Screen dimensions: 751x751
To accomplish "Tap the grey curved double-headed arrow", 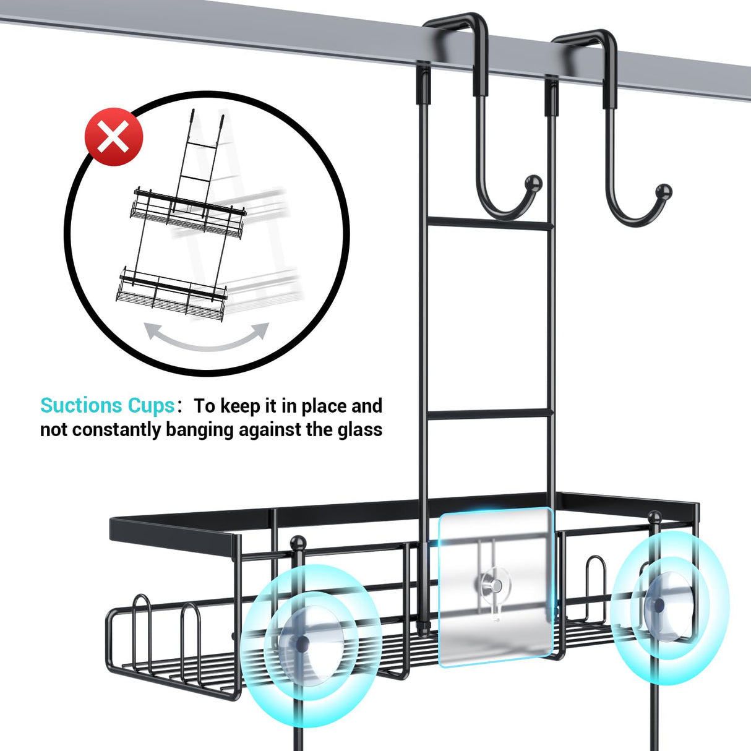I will click(207, 338).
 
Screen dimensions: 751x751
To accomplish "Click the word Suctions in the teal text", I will click(81, 406).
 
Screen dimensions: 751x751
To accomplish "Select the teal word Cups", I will click(151, 406).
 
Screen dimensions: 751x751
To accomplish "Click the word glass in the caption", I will click(359, 429).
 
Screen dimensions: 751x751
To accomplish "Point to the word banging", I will click(199, 429).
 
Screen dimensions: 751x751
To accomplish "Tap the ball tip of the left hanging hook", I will click(533, 183).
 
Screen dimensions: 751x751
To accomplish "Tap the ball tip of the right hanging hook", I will click(663, 191).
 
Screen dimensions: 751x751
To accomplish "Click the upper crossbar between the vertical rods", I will click(489, 223).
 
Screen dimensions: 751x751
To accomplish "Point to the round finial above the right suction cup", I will click(654, 517).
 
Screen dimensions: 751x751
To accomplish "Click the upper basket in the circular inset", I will click(187, 214).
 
